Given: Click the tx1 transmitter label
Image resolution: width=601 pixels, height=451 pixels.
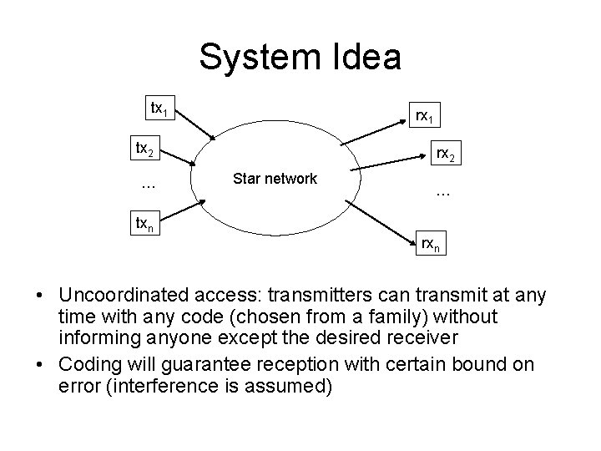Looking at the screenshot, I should tap(159, 109).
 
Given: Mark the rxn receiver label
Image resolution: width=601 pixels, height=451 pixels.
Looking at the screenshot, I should tap(431, 246).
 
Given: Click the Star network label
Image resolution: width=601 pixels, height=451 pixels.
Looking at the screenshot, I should tap(275, 178).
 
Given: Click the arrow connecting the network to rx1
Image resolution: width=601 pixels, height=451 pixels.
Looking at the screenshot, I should tap(383, 129).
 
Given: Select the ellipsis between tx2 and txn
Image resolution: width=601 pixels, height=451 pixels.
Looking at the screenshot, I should tap(148, 184).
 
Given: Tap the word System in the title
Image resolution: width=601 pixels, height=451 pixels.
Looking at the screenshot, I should tap(254, 58).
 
